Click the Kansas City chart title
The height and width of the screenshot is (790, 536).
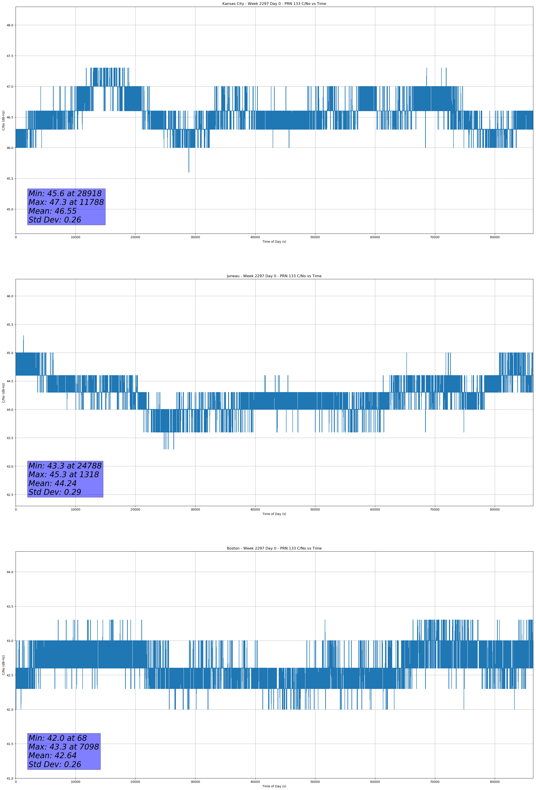pyautogui.click(x=274, y=4)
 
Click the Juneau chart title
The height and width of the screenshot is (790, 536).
pyautogui.click(x=274, y=276)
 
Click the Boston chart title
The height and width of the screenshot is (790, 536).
pyautogui.click(x=274, y=548)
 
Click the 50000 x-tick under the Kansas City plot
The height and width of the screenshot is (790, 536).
pyautogui.click(x=315, y=237)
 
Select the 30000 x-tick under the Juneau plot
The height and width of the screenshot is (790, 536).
pyautogui.click(x=195, y=509)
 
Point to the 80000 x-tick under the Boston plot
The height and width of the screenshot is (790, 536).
pyautogui.click(x=495, y=782)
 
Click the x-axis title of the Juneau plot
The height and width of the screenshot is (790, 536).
pyautogui.click(x=274, y=514)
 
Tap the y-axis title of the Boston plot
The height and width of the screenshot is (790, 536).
pyautogui.click(x=3, y=665)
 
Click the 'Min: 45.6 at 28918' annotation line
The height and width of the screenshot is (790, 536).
pyautogui.click(x=65, y=193)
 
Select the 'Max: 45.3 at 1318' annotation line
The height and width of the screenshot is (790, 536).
pyautogui.click(x=64, y=474)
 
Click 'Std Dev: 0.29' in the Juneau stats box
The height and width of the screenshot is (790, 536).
pyautogui.click(x=55, y=492)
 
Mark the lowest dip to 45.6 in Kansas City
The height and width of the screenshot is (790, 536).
pyautogui.click(x=189, y=172)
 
